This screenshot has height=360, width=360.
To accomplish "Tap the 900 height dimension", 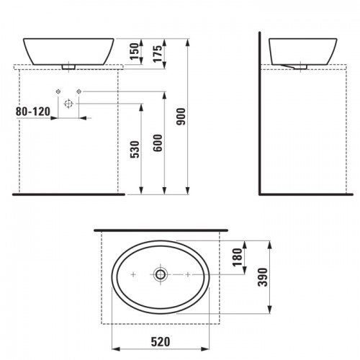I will tap(183, 115).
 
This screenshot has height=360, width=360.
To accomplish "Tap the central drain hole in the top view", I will tap(161, 275).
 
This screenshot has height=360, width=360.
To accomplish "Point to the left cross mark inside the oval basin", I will tap(133, 275).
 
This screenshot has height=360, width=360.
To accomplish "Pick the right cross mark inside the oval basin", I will tap(188, 275).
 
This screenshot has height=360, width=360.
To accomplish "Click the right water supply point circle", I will tap(80, 91).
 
